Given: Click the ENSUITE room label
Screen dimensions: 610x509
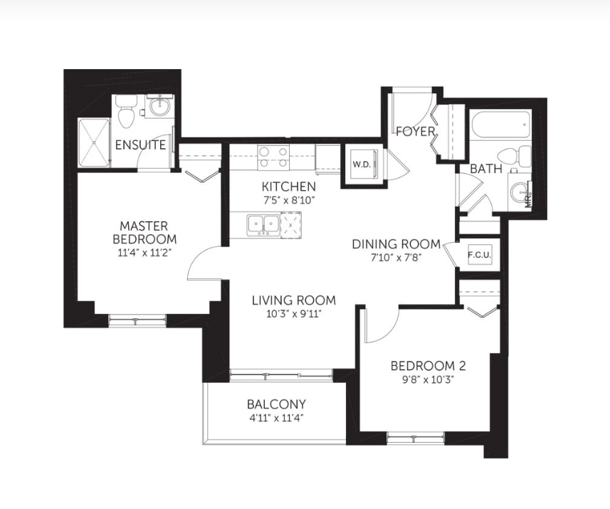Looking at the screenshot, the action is click(140, 145).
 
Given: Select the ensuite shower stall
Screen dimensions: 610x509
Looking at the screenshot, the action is click(94, 142).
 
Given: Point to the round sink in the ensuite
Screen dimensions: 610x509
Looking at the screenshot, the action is click(159, 106).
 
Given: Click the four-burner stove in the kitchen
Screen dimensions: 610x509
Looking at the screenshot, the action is click(273, 157).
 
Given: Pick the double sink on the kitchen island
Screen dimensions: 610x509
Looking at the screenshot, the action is click(263, 225).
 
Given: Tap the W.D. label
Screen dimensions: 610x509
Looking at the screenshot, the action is click(362, 164).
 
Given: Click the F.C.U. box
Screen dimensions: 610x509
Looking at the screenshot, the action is click(479, 255).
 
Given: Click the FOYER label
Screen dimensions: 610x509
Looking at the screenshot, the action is click(415, 131).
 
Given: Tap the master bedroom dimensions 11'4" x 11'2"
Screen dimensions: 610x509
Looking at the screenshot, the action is click(144, 253).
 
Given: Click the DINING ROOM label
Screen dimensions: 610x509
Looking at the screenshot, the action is click(396, 244).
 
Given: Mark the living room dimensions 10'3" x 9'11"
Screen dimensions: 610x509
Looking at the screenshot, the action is click(294, 314).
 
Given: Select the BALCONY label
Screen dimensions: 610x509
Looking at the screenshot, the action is click(276, 404).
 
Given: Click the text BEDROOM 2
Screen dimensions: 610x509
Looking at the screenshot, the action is click(428, 366).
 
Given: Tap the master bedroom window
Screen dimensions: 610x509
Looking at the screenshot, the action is click(137, 321).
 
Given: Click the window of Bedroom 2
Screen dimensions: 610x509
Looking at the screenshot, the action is click(416, 439).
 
